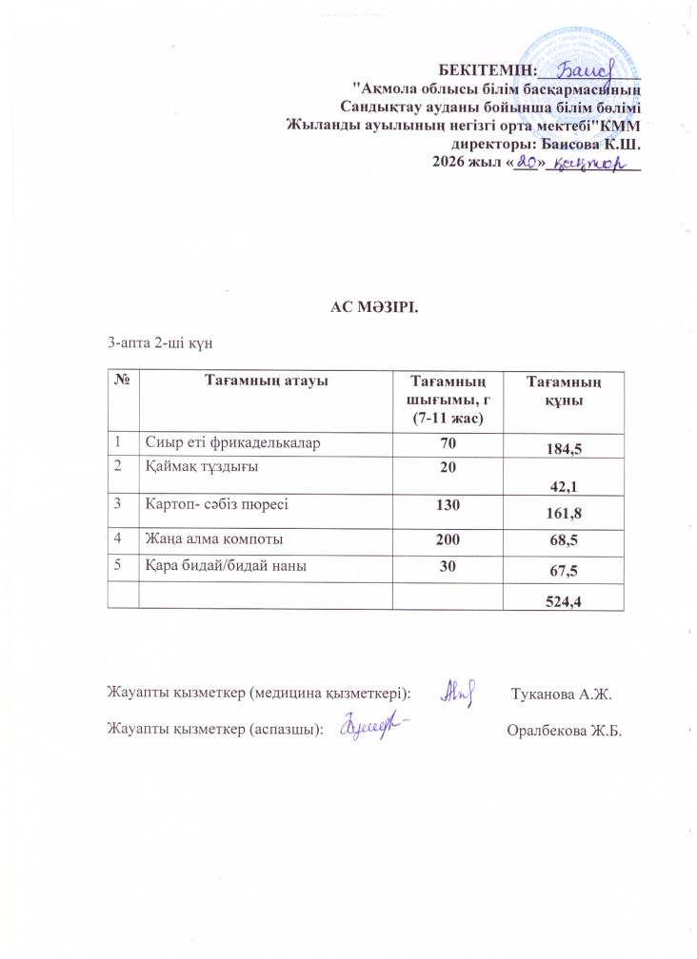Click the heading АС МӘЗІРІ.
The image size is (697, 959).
[374, 308]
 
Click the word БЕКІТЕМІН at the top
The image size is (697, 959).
[487, 69]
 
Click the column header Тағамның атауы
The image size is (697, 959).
[266, 381]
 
